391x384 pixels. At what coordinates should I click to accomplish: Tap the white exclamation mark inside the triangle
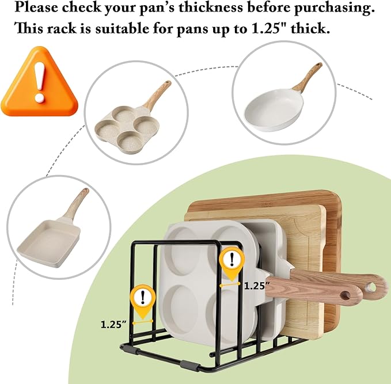click(40, 82)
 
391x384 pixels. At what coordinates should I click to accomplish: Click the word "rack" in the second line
click(62, 29)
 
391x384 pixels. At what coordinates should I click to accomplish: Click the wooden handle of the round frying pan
click(308, 77)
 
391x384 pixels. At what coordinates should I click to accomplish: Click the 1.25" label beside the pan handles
click(257, 286)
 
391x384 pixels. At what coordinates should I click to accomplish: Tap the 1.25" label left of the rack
click(113, 324)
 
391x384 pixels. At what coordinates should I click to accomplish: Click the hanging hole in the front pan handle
click(346, 296)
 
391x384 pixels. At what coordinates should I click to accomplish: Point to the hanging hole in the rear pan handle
click(371, 287)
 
